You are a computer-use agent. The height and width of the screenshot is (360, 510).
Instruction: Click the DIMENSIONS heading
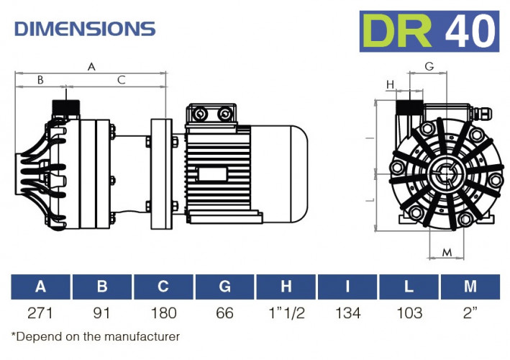click(x=85, y=29)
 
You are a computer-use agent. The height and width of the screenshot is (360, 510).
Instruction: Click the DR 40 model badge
click(x=429, y=31)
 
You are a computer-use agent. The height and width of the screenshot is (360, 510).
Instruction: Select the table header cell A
click(x=41, y=287)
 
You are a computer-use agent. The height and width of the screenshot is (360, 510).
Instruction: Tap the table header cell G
click(x=225, y=287)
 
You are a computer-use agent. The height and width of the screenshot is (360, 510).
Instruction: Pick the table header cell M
click(x=470, y=287)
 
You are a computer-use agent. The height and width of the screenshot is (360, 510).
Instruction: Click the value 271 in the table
click(x=41, y=314)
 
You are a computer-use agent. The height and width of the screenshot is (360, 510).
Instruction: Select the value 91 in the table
click(x=102, y=314)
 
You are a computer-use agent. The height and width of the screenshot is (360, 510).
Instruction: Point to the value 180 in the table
click(x=163, y=314)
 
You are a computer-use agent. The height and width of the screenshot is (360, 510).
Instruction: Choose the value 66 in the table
click(x=225, y=314)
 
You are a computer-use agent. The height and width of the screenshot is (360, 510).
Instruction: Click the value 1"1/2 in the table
click(x=286, y=314)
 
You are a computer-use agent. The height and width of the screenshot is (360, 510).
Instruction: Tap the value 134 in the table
click(x=347, y=314)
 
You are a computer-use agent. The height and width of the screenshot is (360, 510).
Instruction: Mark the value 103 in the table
click(x=409, y=314)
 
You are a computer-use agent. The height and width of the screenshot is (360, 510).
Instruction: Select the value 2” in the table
click(x=470, y=314)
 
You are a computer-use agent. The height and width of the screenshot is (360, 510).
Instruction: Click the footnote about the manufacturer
click(x=96, y=336)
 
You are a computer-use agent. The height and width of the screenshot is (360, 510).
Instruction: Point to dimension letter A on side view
click(x=91, y=66)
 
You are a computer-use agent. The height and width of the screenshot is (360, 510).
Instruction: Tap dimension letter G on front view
click(x=429, y=66)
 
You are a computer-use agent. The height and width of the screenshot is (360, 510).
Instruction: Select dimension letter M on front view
click(x=447, y=252)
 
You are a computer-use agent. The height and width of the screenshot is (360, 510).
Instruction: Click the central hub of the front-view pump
click(x=443, y=174)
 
